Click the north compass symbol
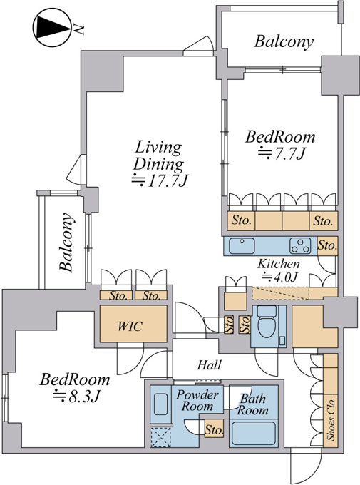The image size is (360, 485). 52,28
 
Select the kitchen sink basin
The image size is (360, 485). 242,246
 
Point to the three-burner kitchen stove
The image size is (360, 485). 300,246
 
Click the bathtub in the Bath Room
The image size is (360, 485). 254,433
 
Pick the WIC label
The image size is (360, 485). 130,326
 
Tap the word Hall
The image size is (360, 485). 210,365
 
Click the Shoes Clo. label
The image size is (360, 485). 331,419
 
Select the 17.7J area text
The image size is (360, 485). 160,180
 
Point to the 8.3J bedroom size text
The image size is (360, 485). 76,396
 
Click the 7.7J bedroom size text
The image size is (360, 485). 282,154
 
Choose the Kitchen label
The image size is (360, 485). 279,264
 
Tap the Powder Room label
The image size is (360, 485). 197,401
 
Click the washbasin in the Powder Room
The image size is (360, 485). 161,404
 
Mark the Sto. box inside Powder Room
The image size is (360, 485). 214,429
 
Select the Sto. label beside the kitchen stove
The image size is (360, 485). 327,246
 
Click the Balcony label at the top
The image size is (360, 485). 284,41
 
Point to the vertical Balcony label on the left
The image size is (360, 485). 67,242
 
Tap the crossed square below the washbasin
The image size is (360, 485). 160,437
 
